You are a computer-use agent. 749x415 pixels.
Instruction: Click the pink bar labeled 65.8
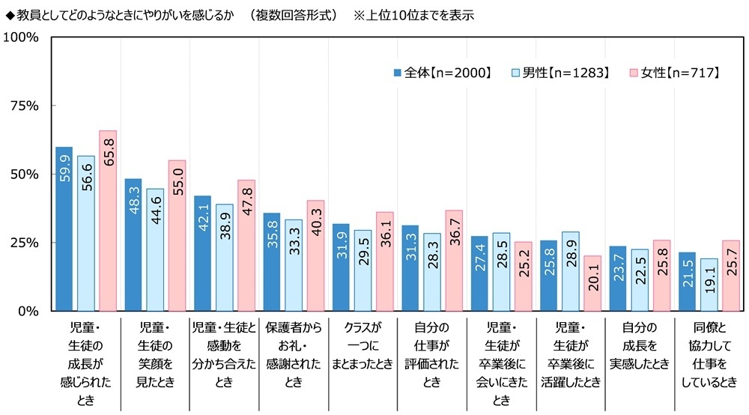tap(108, 221)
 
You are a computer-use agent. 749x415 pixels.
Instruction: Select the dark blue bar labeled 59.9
tap(64, 228)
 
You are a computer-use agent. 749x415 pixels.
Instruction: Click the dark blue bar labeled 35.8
tap(272, 261)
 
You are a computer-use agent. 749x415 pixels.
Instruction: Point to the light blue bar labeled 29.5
tap(363, 270)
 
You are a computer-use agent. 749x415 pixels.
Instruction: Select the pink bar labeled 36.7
tap(454, 261)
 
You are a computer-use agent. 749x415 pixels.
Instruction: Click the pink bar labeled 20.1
tap(592, 283)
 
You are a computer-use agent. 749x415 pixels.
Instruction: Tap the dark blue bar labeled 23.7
tap(618, 278)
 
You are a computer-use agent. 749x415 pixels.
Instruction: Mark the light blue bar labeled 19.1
tap(709, 285)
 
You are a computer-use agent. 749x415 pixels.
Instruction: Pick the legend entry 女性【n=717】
tap(674, 73)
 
